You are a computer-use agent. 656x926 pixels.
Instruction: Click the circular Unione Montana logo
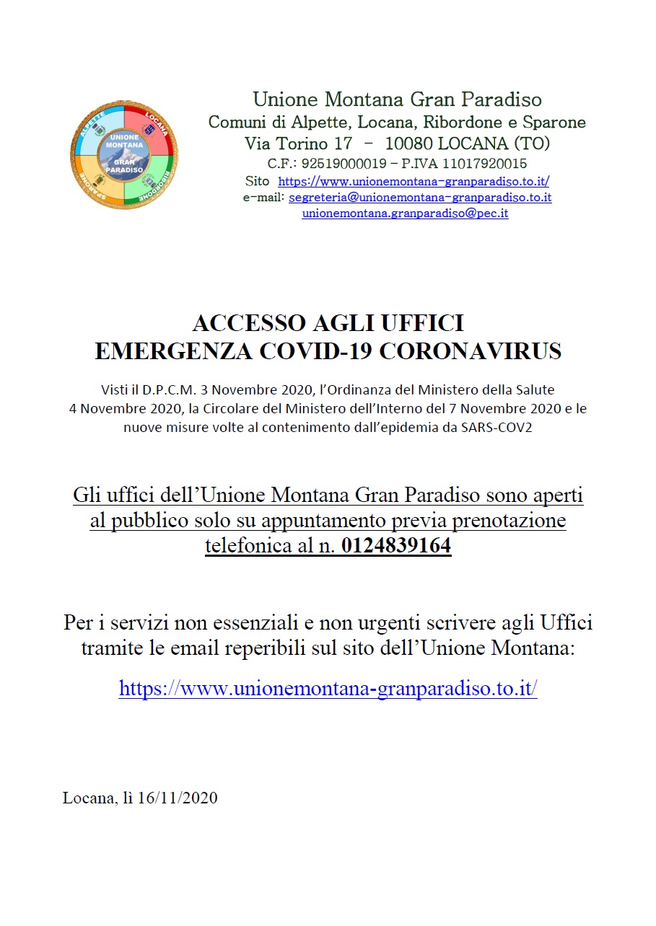click(x=124, y=155)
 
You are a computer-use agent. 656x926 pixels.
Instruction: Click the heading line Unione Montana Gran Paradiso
click(x=397, y=100)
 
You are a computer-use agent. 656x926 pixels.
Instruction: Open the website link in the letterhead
click(x=414, y=182)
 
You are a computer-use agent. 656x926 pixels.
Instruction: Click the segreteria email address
click(x=420, y=197)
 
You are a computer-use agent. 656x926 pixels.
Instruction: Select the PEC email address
click(x=405, y=213)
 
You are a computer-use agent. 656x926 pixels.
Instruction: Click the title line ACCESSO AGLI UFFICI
click(x=328, y=322)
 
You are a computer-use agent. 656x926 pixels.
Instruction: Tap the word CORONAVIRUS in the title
click(x=471, y=351)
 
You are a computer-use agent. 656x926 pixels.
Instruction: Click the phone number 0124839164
click(x=396, y=546)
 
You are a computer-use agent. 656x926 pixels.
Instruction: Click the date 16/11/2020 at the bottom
click(x=177, y=798)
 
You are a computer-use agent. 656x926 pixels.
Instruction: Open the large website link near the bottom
click(x=328, y=688)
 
